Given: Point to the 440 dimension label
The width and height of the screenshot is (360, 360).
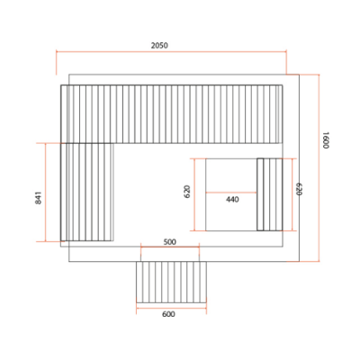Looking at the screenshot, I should click(x=232, y=199).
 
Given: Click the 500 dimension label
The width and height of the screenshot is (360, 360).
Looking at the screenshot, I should click(x=169, y=242).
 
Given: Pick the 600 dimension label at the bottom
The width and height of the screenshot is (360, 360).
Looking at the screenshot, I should click(x=169, y=314).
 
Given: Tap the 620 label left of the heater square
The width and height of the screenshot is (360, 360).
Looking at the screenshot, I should click(x=187, y=192).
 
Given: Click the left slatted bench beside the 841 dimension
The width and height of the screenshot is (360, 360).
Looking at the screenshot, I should click(x=89, y=193).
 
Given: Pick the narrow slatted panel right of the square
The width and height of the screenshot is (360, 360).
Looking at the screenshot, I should click(x=271, y=193).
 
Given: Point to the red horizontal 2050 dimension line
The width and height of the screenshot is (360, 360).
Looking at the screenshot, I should click(x=171, y=51).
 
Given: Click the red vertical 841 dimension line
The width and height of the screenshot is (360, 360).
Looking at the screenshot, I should click(x=46, y=193).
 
